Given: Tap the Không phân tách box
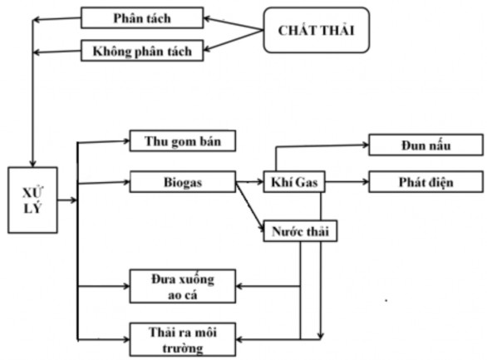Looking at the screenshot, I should [141, 51].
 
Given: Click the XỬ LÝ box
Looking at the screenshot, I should [33, 200].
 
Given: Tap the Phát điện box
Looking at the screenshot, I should [425, 180].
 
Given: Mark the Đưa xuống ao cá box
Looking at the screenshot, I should [181, 286].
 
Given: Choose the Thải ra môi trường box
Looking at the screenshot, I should [181, 337].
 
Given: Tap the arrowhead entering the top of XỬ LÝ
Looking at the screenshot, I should [32, 160].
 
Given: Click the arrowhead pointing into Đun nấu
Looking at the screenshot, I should [363, 145].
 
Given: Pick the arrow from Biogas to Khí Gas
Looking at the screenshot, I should [249, 180].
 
